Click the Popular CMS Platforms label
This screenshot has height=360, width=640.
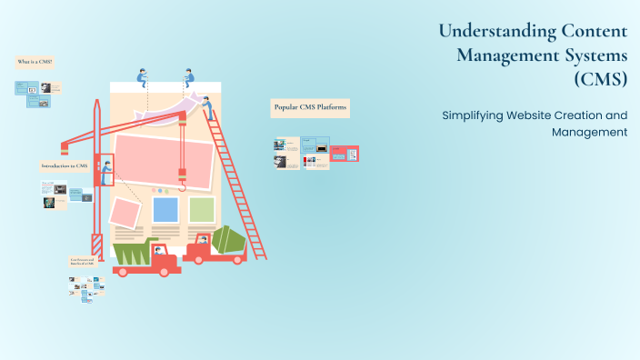tap(310, 108)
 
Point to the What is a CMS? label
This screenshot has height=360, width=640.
tap(35, 62)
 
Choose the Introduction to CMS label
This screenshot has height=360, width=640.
tap(65, 165)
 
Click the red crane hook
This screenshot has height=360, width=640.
tap(183, 186)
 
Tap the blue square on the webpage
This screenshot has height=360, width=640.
tap(165, 210)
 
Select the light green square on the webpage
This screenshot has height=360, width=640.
tap(202, 209)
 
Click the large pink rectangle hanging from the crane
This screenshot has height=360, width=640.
tap(164, 160)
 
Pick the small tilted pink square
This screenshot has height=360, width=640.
tap(125, 214)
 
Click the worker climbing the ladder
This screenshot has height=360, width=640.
tap(209, 108)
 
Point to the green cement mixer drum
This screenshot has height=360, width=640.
tap(227, 239)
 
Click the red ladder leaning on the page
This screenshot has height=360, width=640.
tap(238, 182)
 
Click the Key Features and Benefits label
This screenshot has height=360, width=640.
tap(84, 262)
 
